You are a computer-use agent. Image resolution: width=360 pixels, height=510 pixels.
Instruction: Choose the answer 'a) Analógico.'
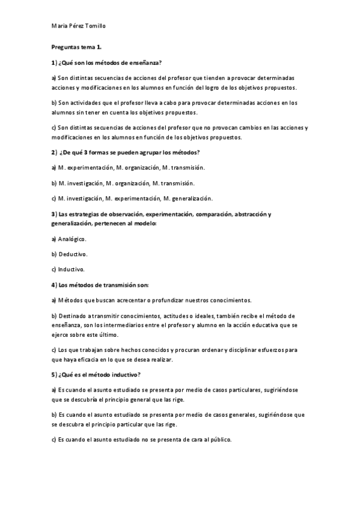coord(69,239)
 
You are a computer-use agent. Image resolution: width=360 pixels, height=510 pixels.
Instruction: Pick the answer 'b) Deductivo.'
coord(69,254)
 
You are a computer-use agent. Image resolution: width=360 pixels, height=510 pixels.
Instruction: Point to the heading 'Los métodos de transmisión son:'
coord(99,284)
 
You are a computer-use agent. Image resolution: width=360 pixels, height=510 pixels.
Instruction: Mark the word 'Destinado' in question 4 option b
coord(72,316)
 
